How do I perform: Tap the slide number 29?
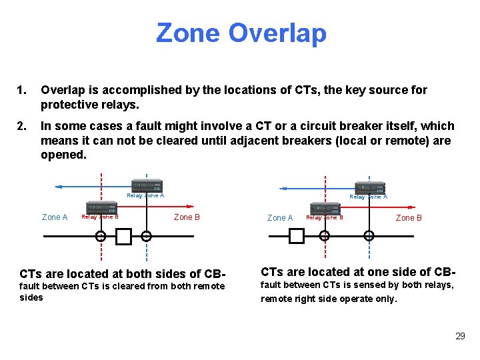pyautogui.click(x=460, y=336)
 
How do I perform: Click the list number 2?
pyautogui.click(x=23, y=126)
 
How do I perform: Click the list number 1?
pyautogui.click(x=23, y=90)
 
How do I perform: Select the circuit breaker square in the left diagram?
pyautogui.click(x=123, y=235)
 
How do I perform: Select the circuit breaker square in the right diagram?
pyautogui.click(x=296, y=235)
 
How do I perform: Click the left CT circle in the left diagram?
pyautogui.click(x=101, y=235)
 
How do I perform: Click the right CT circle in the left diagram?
pyautogui.click(x=146, y=235)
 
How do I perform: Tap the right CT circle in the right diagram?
pyautogui.click(x=369, y=235)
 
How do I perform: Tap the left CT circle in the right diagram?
pyautogui.click(x=324, y=235)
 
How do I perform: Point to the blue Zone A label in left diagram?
pyautogui.click(x=55, y=217)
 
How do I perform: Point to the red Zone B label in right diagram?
pyautogui.click(x=409, y=217)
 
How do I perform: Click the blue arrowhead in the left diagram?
pyautogui.click(x=59, y=187)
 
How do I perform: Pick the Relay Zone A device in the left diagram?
pyautogui.click(x=147, y=186)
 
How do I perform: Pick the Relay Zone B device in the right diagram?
pyautogui.click(x=325, y=208)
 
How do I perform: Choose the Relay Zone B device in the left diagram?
pyautogui.click(x=101, y=207)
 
